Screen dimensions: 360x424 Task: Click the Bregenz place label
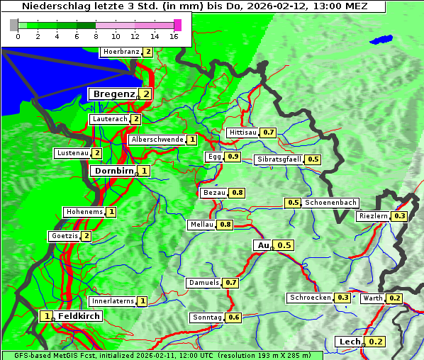(x=113, y=94)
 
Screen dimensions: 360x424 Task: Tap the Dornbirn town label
(x=113, y=171)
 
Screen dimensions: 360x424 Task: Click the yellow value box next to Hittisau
(x=269, y=133)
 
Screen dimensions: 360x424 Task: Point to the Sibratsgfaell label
(x=279, y=159)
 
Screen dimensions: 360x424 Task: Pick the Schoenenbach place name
(x=330, y=203)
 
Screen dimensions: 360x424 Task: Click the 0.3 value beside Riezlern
(x=400, y=216)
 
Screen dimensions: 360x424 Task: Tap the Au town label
(x=263, y=245)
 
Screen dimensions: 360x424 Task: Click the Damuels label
(x=203, y=283)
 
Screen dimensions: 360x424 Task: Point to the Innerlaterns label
(x=113, y=301)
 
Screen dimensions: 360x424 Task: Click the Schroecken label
(x=310, y=298)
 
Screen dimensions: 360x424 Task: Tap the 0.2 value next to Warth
(x=395, y=298)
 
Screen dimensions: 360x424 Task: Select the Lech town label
(x=350, y=342)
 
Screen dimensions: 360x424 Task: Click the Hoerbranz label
(x=121, y=52)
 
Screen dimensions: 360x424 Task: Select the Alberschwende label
(x=157, y=140)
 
